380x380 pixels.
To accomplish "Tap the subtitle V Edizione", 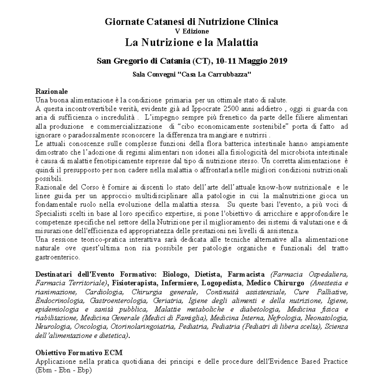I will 191,31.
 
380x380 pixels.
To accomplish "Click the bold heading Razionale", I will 51,91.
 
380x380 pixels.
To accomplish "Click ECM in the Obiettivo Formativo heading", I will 114,352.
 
